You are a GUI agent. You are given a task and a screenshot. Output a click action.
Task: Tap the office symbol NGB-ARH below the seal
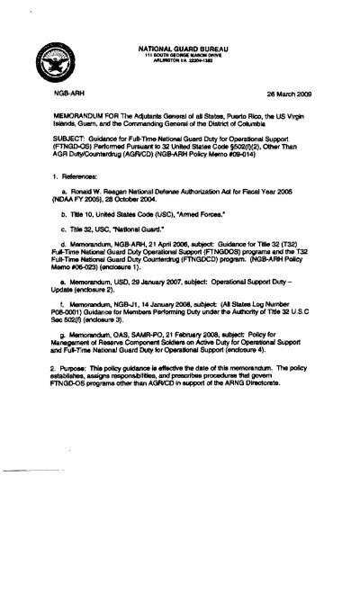54,93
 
